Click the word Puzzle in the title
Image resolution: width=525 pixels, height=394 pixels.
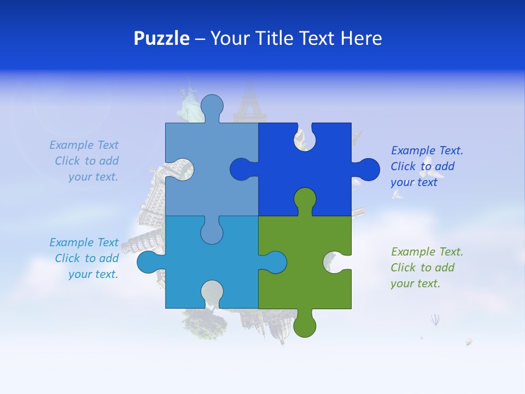(162, 38)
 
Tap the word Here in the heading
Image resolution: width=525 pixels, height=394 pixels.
(361, 38)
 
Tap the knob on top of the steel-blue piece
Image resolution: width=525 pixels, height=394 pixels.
(212, 107)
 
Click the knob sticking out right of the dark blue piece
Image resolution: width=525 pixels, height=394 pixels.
(367, 170)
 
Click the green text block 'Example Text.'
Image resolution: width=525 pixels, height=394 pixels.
(427, 252)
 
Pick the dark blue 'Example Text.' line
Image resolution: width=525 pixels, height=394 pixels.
(427, 151)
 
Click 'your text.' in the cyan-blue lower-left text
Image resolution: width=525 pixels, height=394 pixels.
(93, 275)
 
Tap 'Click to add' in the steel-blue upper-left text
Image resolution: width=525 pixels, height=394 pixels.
(86, 161)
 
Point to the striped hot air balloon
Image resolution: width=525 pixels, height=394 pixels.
(435, 320)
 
